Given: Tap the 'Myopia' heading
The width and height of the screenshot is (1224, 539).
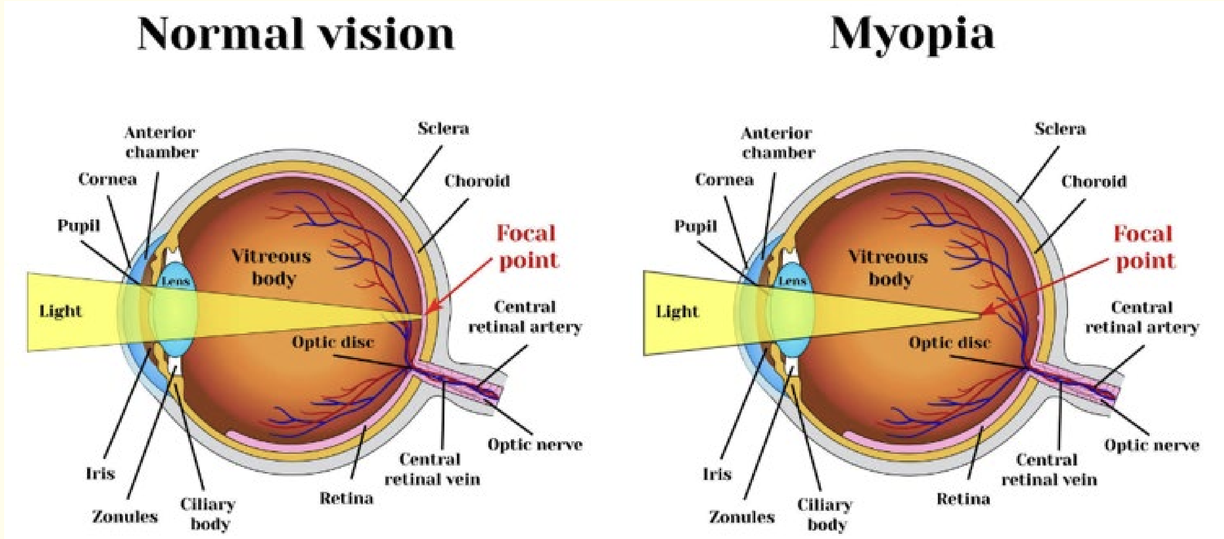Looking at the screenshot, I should [912, 34].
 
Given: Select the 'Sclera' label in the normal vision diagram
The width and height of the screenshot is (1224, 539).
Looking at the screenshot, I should [443, 128].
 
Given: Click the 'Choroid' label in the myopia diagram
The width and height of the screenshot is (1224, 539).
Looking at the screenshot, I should [1094, 181].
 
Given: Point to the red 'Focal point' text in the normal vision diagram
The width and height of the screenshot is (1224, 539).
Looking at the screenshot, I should [527, 247].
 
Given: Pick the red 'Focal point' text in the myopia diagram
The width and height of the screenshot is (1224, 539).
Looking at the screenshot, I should [1144, 248].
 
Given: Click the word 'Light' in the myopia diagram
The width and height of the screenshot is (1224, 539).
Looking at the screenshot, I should [677, 312].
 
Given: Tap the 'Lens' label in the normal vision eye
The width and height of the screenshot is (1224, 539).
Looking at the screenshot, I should [175, 281].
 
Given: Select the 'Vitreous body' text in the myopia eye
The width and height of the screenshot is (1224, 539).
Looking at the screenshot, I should [888, 268].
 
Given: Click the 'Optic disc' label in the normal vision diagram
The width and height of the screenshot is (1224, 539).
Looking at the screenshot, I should [332, 342].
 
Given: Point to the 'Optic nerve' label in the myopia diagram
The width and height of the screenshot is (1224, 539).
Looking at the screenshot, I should [1151, 445].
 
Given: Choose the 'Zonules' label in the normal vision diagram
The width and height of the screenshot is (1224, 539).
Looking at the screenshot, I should [125, 517].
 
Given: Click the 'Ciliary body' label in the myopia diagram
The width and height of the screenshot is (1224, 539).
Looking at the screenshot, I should [825, 514].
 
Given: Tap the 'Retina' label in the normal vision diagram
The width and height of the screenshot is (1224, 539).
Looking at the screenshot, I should [346, 498].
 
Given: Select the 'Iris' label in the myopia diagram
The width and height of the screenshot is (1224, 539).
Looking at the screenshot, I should [717, 474].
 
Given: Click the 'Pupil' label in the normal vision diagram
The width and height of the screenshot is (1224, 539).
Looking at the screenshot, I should [78, 225].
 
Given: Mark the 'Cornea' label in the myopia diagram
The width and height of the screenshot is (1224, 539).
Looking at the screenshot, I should [724, 180].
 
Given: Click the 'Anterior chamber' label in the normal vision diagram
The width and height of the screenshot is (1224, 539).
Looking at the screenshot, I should [161, 142].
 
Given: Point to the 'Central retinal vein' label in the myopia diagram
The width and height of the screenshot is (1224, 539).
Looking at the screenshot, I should [1049, 470].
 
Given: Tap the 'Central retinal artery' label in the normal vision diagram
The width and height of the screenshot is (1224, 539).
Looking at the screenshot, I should [525, 317].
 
